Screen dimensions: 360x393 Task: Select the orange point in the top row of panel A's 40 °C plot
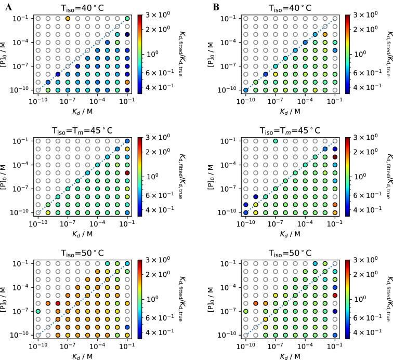click(x=68, y=19)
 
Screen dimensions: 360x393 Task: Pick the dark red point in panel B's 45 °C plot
click(x=335, y=156)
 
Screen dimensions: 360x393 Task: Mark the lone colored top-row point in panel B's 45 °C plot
click(x=276, y=141)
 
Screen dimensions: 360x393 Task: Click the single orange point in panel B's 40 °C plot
click(x=325, y=35)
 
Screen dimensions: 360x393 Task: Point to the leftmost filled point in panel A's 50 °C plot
click(x=37, y=311)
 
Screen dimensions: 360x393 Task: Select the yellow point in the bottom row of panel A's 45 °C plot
click(x=48, y=212)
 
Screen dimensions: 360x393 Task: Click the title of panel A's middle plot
click(x=83, y=130)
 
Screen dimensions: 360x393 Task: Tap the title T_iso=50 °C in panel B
click(x=291, y=253)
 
